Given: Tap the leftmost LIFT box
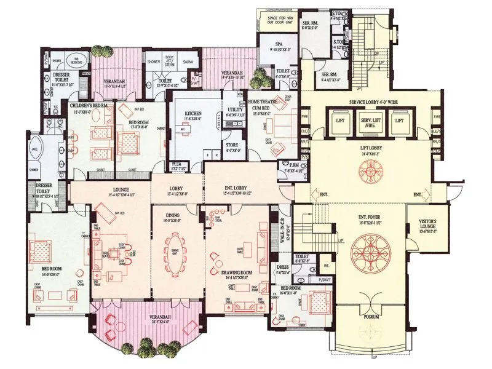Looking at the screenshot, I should point(339,121).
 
